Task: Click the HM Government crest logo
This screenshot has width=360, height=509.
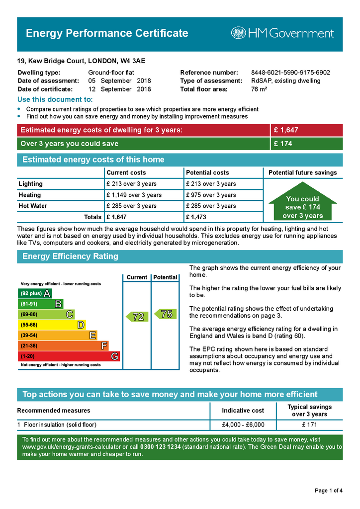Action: pos(238,33)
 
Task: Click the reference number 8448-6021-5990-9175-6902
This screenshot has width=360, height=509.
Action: pos(290,73)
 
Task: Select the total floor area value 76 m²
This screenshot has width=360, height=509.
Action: pos(259,89)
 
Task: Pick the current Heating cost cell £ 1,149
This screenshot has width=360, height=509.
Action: pos(134,195)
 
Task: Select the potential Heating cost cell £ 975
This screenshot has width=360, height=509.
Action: pos(210,195)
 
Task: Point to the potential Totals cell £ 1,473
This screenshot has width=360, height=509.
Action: pos(196,217)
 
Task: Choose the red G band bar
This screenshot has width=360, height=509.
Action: pos(69,356)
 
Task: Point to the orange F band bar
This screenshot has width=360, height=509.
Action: pos(63,346)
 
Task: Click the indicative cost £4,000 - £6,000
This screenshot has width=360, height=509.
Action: pos(243,425)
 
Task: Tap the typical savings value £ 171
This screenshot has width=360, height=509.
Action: pos(310,425)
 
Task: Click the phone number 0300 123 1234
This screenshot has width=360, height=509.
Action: pos(161,447)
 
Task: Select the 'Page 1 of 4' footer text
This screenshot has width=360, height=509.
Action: pos(329,491)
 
